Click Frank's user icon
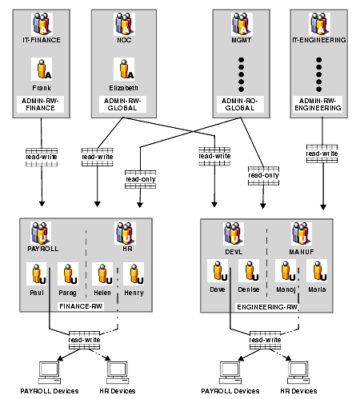42,69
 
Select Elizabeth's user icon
124,69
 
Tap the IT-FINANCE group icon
42,24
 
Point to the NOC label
124,40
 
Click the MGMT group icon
242,24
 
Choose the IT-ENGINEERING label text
319,40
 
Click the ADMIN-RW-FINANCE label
40,104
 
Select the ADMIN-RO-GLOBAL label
240,104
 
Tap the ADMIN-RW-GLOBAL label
122,104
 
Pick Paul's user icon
37,273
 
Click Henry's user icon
134,273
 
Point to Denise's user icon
249,270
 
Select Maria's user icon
317,270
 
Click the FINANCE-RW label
81,306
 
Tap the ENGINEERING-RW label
267,307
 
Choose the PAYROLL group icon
41,233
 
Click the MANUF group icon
302,234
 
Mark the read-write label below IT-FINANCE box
42,157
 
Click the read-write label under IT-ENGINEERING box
322,154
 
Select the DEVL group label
234,252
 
